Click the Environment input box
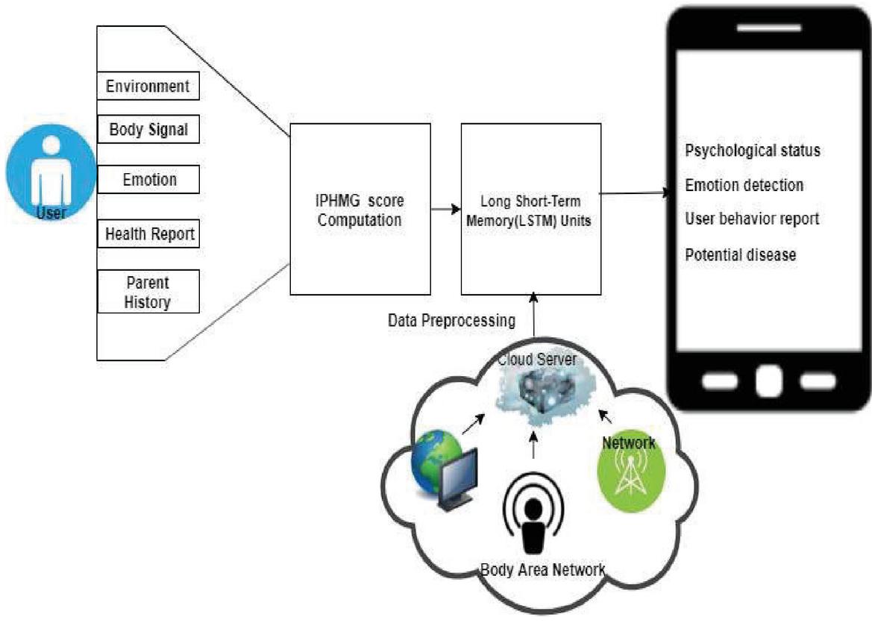click(148, 86)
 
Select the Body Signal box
click(148, 131)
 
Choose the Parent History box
click(148, 292)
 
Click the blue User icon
click(51, 175)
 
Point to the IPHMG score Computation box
click(360, 209)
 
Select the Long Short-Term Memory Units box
click(531, 209)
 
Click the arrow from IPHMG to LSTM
click(445, 210)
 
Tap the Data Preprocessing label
click(451, 321)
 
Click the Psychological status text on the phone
click(753, 151)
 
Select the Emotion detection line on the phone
click(744, 185)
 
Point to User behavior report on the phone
click(752, 219)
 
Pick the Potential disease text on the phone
click(741, 254)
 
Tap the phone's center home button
click(768, 380)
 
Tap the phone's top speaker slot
click(768, 29)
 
